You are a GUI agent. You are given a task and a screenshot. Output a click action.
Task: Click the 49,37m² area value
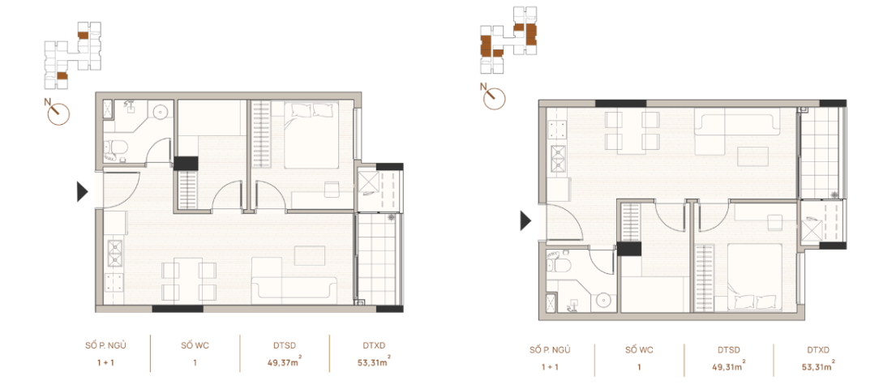285,361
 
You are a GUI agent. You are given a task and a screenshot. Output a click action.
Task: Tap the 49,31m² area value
727,366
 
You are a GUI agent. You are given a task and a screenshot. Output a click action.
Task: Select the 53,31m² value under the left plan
373,361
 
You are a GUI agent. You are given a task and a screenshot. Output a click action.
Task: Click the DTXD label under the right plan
818,350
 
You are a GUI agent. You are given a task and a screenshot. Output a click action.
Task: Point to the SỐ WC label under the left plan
195,344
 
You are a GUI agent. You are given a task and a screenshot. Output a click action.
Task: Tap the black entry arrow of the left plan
81,191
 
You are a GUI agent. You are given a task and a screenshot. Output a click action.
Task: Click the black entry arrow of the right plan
525,220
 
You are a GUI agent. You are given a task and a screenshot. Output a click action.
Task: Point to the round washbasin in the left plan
162,110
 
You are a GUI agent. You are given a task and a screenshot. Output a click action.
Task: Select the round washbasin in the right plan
603,301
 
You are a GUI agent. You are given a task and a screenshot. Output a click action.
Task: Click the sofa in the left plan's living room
294,288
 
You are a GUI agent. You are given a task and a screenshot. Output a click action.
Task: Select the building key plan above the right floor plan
508,33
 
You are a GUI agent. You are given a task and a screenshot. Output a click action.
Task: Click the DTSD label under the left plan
285,344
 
